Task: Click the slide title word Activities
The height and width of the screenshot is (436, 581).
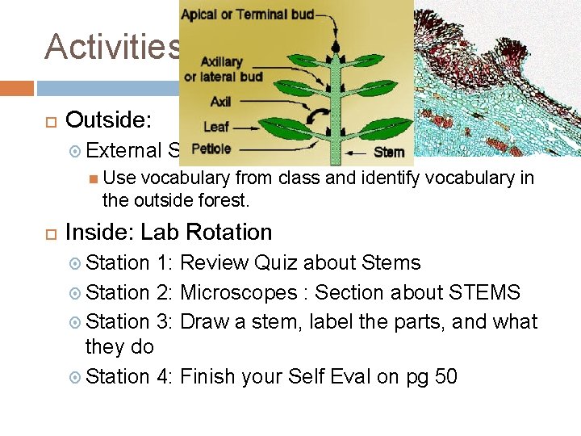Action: (113, 47)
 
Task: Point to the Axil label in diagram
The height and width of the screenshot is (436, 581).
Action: (220, 102)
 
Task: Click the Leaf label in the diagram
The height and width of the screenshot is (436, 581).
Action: (216, 127)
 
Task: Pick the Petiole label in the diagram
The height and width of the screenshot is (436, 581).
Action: (211, 149)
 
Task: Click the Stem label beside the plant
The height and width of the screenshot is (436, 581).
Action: (389, 151)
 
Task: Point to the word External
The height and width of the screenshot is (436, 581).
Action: (123, 150)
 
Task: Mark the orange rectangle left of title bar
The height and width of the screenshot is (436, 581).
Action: (17, 87)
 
